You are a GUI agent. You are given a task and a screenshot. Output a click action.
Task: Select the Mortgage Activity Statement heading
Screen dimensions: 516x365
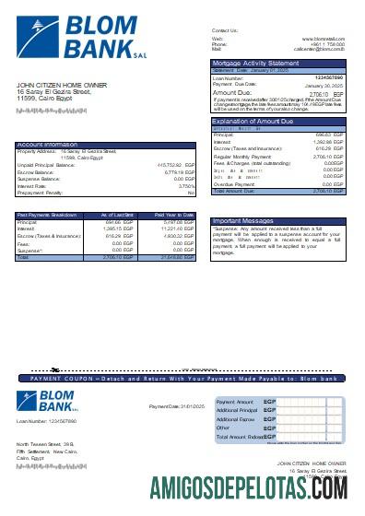[253, 63]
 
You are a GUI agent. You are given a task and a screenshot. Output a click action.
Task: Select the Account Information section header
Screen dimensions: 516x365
[47, 145]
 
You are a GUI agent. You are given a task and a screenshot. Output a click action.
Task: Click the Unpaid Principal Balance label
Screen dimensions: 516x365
[44, 165]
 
